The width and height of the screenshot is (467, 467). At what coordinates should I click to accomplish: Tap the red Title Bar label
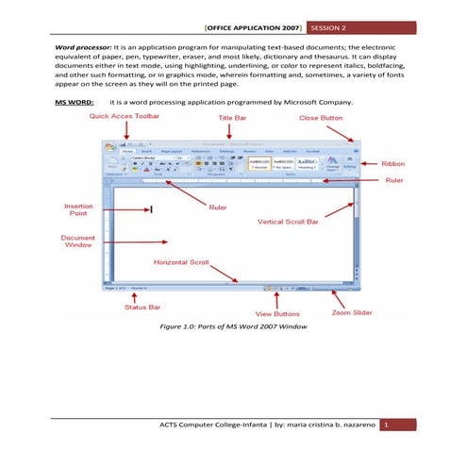coord(234,116)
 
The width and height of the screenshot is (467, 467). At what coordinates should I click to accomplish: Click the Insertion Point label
coord(77,209)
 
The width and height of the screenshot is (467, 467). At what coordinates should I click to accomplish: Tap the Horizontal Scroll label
coord(182,260)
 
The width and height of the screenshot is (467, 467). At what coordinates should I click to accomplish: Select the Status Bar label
coord(142,307)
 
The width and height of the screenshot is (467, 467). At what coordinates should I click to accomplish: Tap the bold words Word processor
coord(82,45)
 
